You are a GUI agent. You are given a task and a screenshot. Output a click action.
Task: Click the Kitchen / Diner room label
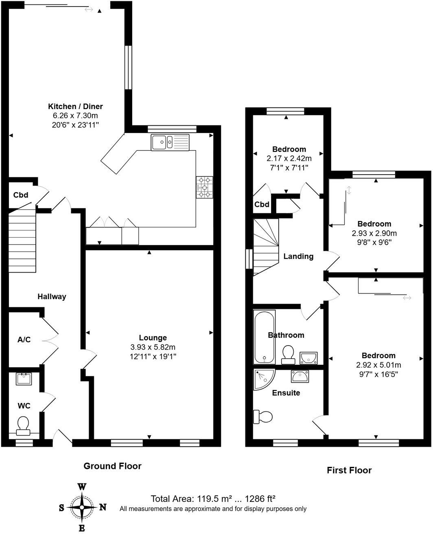coord(75,107)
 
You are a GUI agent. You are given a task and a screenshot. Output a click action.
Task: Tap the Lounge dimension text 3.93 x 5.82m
coord(153,347)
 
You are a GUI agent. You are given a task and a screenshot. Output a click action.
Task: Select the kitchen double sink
coord(170,142)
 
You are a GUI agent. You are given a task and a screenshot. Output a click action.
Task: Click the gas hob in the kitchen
coord(204,188)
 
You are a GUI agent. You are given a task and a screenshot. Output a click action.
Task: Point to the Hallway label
coord(52,297)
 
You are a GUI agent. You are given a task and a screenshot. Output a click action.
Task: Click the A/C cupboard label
coord(24,339)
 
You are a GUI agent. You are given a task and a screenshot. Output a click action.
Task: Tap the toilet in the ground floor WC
coord(23,425)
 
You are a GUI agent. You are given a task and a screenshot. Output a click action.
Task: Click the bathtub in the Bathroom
coord(265,337)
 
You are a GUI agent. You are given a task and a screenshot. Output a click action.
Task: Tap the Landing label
coord(298,256)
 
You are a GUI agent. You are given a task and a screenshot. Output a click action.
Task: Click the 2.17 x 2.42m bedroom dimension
coord(289,158)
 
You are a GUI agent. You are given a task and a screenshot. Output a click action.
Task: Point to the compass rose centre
coord(82,508)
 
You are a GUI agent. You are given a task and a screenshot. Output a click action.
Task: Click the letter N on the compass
coord(103,508)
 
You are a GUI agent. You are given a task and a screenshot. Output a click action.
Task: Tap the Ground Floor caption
coord(112,466)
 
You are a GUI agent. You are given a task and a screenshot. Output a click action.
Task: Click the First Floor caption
coord(349,471)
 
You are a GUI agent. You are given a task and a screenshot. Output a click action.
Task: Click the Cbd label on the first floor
coord(262,204)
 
